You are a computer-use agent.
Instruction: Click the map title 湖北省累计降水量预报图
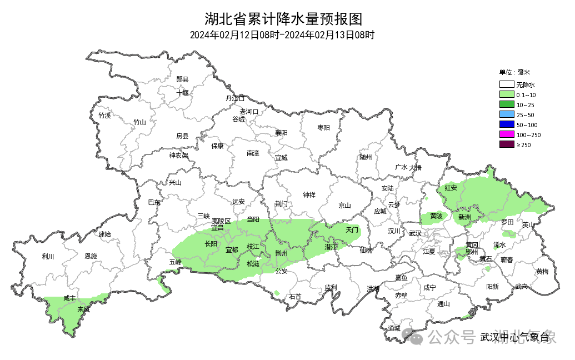283,19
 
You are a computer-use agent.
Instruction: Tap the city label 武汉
415,233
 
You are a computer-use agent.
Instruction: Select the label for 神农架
179,156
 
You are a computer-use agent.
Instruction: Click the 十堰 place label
183,92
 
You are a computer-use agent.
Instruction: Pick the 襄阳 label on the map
282,133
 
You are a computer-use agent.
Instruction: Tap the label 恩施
91,256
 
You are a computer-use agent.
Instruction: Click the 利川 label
48,256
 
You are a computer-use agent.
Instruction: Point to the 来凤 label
83,309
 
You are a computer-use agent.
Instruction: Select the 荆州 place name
282,253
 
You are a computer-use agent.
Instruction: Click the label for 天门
352,229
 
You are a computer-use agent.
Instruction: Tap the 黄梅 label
542,271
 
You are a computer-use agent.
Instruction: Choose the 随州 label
365,157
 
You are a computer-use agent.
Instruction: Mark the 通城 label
394,328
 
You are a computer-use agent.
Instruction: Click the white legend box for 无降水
506,85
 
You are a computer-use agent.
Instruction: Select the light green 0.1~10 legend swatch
506,95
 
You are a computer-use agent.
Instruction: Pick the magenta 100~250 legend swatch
506,135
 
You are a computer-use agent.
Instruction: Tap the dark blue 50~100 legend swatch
506,125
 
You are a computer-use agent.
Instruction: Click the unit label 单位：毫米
514,72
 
